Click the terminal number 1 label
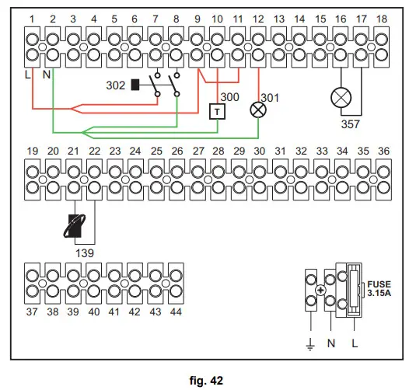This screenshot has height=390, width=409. [x=32, y=17]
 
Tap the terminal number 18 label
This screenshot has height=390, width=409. [x=381, y=17]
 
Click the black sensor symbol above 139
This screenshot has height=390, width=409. [x=75, y=225]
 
